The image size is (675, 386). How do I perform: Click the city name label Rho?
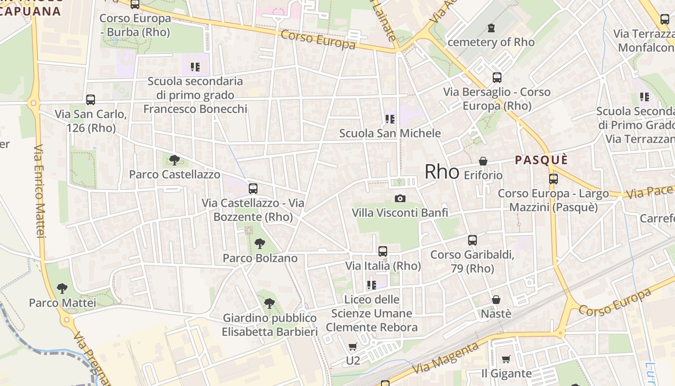pos(442,172)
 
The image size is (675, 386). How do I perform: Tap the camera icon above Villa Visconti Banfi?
pos(400,198)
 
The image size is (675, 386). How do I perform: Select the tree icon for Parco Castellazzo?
pos(175,160)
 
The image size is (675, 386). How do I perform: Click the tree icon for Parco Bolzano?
pos(260,243)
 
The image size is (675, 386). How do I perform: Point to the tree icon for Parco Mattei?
pos(62,289)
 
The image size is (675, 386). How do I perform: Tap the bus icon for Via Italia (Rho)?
pos(383,251)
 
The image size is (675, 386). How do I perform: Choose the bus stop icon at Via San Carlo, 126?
pos(91,100)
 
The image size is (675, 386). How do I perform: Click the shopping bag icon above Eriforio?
pos(483,161)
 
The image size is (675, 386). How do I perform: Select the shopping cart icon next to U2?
pos(352,347)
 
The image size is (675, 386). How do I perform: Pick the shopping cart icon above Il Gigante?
pos(506,359)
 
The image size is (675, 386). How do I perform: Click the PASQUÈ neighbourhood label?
pos(541,160)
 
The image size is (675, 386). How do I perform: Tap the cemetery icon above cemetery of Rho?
pos(491,28)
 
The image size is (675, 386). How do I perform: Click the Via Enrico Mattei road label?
pos(40,191)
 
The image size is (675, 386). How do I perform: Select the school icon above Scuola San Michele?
pos(390,119)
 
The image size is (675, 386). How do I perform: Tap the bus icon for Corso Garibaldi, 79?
pos(472,240)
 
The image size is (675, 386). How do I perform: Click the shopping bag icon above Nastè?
pos(496,300)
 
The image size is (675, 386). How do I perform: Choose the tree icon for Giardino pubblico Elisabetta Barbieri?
pos(270,303)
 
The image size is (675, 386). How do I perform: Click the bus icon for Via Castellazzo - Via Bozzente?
pos(253,189)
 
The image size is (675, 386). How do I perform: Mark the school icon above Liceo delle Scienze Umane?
pos(371,285)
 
